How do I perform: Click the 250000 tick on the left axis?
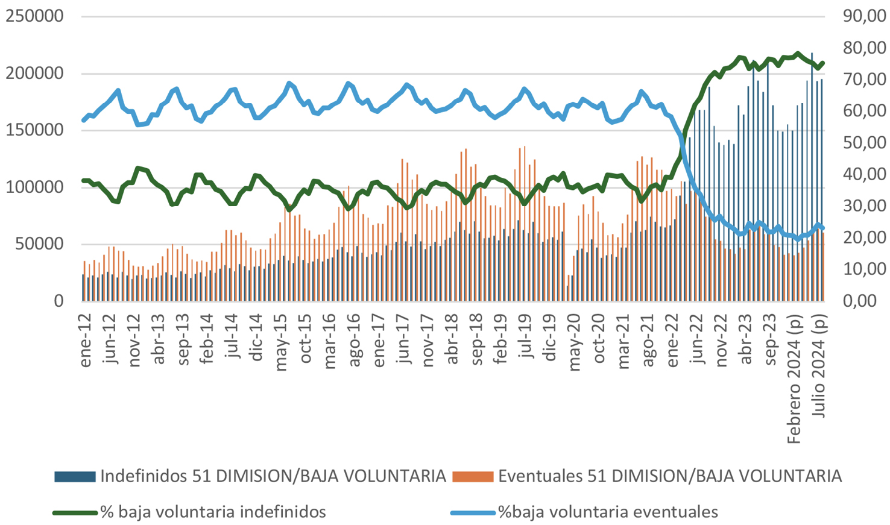(x=34, y=16)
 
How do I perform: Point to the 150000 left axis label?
(x=34, y=130)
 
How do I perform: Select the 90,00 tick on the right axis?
(x=864, y=16)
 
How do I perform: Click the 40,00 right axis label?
(x=864, y=174)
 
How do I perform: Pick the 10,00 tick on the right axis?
(x=864, y=269)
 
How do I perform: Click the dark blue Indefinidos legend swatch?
(x=75, y=477)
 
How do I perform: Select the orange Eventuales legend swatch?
(x=473, y=477)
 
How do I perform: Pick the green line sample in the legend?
(x=75, y=513)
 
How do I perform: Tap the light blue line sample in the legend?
(x=473, y=513)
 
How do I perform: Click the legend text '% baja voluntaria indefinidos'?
(x=213, y=512)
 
